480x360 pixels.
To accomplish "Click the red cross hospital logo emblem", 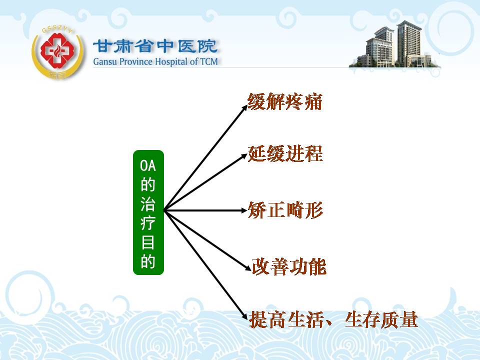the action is (x=57, y=52).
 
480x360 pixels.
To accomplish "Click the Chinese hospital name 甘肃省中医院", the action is (x=155, y=46).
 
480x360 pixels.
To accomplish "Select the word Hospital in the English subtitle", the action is (x=171, y=61).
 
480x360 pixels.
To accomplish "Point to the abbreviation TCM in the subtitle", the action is (x=209, y=61).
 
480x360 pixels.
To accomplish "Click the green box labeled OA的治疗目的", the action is (x=148, y=212).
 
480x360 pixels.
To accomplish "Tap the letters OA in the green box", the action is (x=148, y=165).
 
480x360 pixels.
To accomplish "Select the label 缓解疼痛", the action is (x=284, y=101).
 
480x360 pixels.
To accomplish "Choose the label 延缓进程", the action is (x=285, y=153).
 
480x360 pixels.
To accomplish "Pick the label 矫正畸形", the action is (x=285, y=210).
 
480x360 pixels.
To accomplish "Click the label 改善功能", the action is (x=289, y=266).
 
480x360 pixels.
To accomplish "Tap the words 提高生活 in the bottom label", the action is (x=287, y=319).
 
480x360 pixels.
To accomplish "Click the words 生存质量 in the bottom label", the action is (x=381, y=319).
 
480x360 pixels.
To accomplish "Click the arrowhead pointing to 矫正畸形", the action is (x=244, y=210).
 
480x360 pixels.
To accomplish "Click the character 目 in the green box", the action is (x=148, y=242).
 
